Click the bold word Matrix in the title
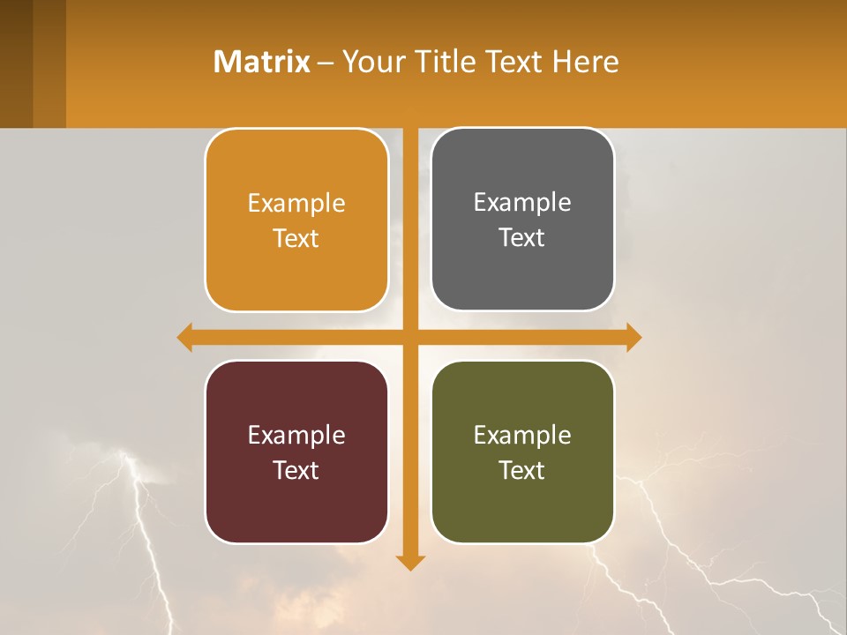click(x=261, y=62)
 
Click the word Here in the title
click(x=586, y=62)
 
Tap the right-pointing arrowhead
click(x=633, y=337)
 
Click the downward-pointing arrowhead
click(x=409, y=562)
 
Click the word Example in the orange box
click(x=296, y=204)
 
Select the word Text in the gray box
click(x=522, y=238)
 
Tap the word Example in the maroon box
click(x=296, y=436)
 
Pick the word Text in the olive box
click(x=522, y=471)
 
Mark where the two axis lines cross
click(x=409, y=337)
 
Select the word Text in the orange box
click(x=296, y=239)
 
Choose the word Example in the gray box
click(x=522, y=203)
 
